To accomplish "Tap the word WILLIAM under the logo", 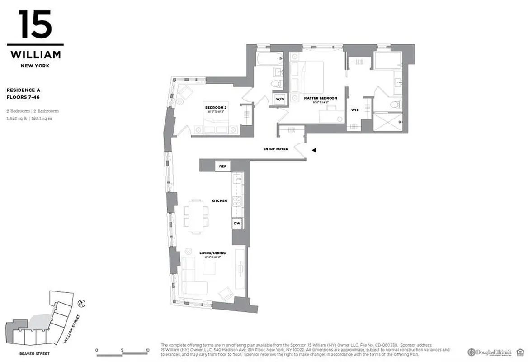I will pyautogui.click(x=35, y=55).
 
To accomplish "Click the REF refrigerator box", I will pyautogui.click(x=222, y=167).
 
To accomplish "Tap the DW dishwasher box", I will pyautogui.click(x=237, y=223).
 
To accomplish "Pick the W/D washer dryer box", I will pyautogui.click(x=279, y=99).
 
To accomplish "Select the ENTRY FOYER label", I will pyautogui.click(x=276, y=149).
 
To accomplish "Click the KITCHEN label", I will pyautogui.click(x=219, y=200).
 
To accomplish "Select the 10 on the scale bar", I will pyautogui.click(x=147, y=350).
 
